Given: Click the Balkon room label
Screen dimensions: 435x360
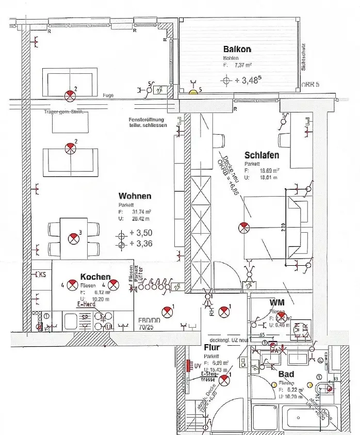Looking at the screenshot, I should [x=237, y=49].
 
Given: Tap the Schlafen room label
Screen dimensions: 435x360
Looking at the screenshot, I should [x=262, y=155].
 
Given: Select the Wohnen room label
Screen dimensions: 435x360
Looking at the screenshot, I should [x=135, y=196].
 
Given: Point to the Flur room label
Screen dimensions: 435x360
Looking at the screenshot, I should [x=212, y=347].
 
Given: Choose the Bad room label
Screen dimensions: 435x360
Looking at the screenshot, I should [x=286, y=374].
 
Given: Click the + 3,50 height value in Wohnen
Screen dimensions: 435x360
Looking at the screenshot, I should [x=141, y=233].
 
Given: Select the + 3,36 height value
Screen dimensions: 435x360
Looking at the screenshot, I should [x=141, y=244].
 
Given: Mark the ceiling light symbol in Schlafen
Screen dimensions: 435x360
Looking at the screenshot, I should [x=243, y=227].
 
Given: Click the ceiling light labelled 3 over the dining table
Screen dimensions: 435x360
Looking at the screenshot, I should [x=74, y=238].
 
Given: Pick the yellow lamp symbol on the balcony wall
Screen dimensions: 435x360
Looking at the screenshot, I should [x=193, y=92].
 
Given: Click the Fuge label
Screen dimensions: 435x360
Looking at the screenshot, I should [x=108, y=95].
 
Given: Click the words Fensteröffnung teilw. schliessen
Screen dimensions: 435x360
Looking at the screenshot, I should [x=148, y=122].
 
